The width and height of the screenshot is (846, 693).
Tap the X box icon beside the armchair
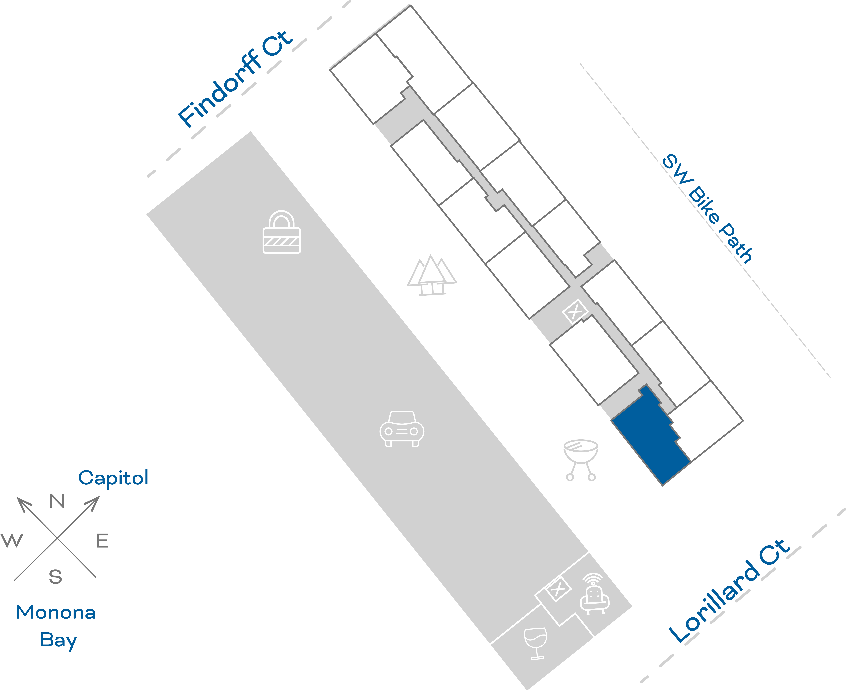(x=558, y=589)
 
